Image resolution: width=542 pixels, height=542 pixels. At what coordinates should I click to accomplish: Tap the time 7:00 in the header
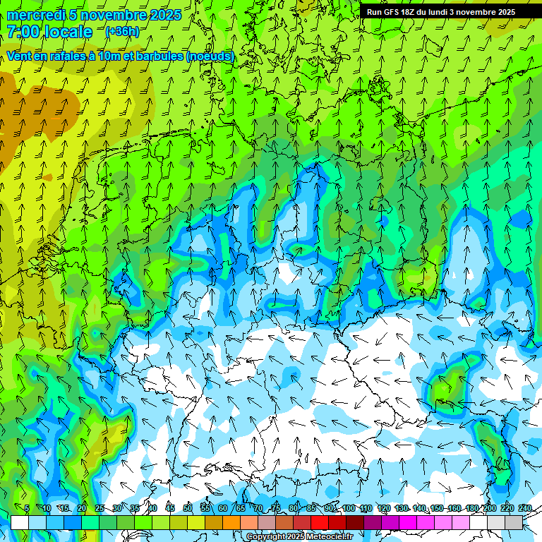tap(23, 32)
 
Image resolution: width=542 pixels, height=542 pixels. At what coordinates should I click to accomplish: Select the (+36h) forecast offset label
tap(122, 32)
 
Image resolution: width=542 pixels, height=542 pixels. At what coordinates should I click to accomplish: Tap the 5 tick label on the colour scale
tap(27, 508)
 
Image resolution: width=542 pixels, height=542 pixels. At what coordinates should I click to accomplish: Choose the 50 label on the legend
tap(188, 508)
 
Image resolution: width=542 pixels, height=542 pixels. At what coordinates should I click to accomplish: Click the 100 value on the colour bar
tap(349, 508)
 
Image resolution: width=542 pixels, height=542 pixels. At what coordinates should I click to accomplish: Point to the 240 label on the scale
tap(525, 508)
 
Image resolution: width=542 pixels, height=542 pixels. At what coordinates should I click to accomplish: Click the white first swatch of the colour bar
tap(20, 523)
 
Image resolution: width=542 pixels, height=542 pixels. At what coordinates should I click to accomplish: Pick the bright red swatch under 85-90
tap(320, 523)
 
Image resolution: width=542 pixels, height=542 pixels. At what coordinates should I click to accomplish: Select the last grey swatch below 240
tap(514, 523)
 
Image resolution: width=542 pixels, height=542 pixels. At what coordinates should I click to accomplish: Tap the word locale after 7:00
tap(68, 32)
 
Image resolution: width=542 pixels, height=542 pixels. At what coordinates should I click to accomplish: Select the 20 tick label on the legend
tap(82, 508)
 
